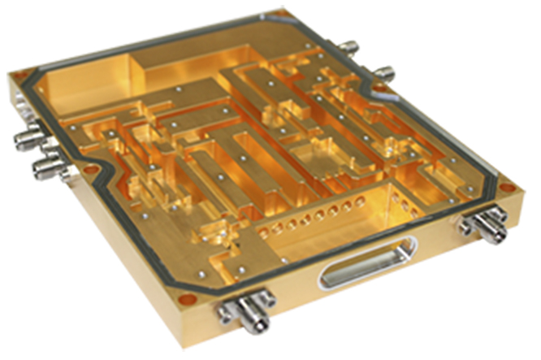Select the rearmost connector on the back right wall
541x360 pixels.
pyautogui.click(x=351, y=46)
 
